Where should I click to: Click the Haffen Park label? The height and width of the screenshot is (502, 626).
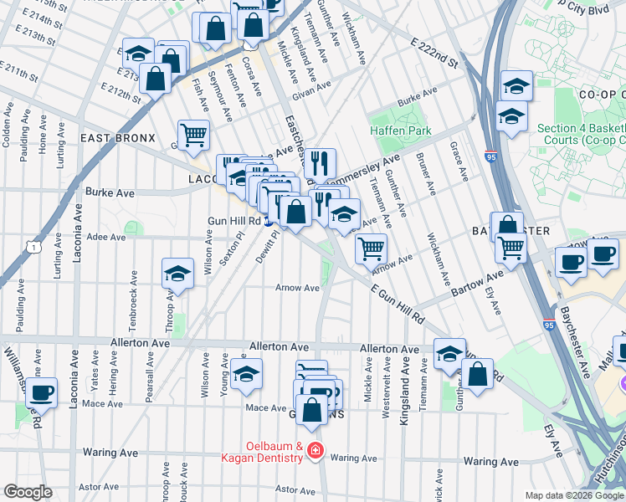tap(401, 131)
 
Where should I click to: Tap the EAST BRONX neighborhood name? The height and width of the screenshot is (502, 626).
tap(117, 138)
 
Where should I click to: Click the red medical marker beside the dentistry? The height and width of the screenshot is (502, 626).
tap(315, 451)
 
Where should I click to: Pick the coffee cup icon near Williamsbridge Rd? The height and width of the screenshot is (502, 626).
tap(42, 392)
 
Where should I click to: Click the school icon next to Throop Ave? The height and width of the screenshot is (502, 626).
tap(177, 273)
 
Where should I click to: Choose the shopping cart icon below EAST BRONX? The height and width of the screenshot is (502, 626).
tap(193, 134)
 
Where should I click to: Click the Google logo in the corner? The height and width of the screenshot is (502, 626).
tap(28, 492)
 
